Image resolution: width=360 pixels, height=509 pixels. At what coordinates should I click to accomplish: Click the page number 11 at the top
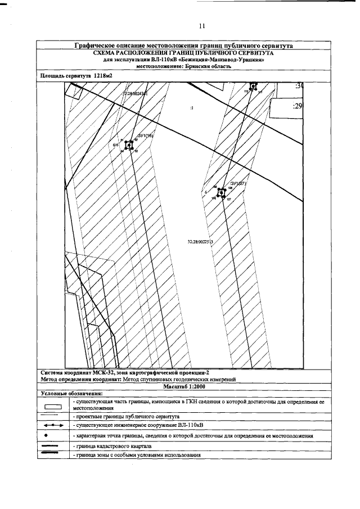(202, 26)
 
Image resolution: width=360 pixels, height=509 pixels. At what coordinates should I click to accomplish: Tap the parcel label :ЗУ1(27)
(238, 184)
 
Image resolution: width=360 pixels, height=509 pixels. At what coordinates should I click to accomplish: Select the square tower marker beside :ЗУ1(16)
(129, 145)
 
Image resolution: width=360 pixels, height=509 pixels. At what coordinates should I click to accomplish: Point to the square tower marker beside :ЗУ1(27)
(222, 192)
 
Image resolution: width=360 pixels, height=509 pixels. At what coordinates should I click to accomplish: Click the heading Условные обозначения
(70, 394)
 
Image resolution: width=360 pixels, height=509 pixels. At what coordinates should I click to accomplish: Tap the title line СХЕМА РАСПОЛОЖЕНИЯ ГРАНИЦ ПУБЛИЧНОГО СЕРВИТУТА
(183, 52)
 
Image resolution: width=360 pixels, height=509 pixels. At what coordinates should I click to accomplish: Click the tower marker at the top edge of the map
(253, 85)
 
